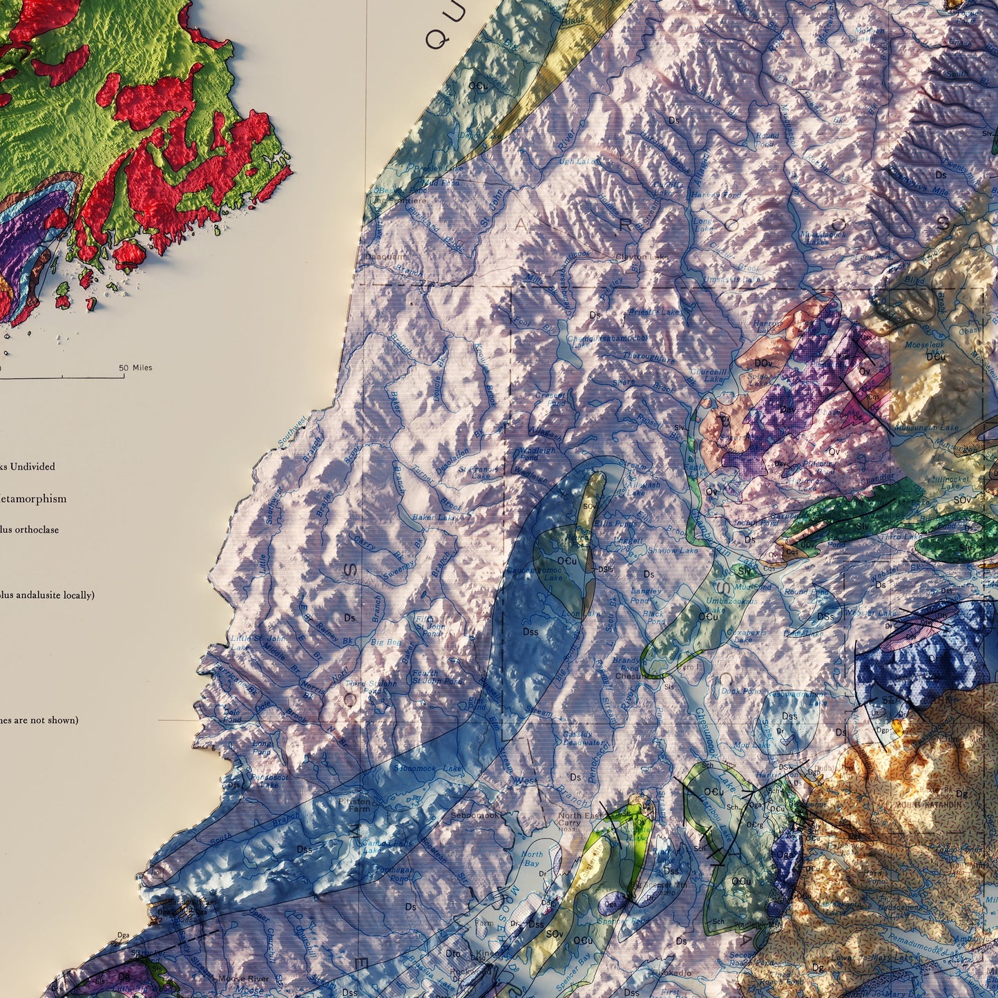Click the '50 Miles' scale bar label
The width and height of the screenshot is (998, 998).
[x=136, y=368]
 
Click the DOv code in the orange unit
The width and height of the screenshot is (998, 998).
[x=762, y=363]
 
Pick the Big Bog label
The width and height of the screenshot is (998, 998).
[x=385, y=642]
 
